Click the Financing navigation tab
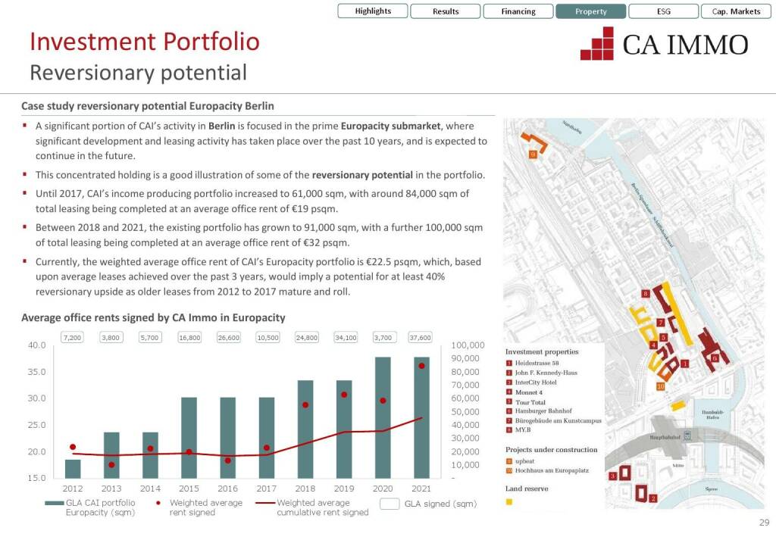pos(518,11)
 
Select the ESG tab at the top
pos(663,11)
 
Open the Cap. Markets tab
pos(736,11)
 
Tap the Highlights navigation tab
pos(373,11)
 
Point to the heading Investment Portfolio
pos(144,42)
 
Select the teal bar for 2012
pos(73,468)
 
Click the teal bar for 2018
pos(305,429)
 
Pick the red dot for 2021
pos(421,366)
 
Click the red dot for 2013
pos(111,464)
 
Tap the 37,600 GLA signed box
pos(420,337)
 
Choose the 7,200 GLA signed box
pos(73,337)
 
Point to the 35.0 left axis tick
pos(36,372)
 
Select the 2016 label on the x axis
pos(227,489)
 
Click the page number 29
pos(763,523)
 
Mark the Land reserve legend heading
pos(527,489)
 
